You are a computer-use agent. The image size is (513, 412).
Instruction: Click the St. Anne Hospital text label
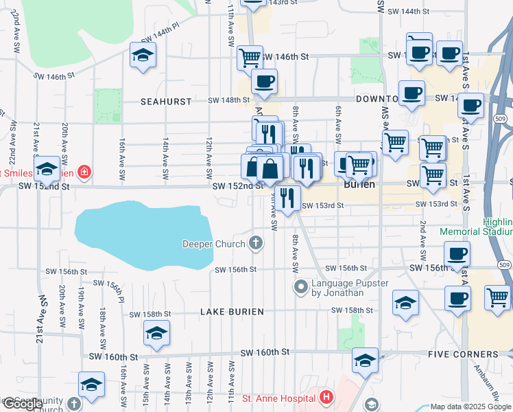278,398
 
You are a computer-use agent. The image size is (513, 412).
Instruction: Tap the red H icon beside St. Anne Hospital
326,398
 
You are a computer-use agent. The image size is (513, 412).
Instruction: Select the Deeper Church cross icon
256,242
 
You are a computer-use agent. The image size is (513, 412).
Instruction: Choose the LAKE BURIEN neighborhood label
232,312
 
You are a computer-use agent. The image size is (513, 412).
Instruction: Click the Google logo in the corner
23,404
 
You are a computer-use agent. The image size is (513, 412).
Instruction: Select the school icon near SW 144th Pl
143,56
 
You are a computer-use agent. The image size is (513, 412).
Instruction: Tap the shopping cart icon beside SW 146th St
250,58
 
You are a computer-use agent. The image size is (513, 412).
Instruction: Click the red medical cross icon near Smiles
84,171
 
